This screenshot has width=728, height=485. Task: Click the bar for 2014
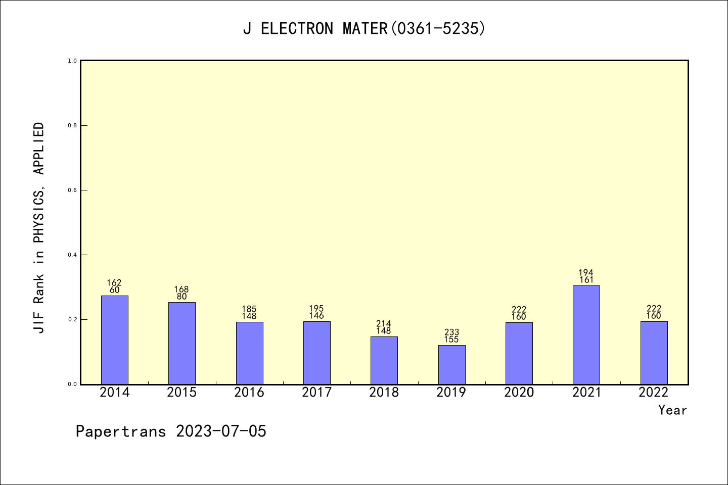click(115, 339)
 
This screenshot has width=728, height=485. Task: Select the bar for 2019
click(451, 364)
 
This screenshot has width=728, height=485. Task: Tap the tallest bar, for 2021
click(586, 334)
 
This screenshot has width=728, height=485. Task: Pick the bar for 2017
click(317, 353)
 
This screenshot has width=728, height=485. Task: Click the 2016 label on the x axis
click(249, 393)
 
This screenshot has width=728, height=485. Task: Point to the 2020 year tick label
click(519, 393)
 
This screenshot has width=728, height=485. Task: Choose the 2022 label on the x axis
click(654, 393)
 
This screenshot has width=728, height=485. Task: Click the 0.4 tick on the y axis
click(72, 255)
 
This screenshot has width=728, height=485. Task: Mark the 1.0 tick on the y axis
click(72, 61)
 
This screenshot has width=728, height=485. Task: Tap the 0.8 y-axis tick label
click(72, 125)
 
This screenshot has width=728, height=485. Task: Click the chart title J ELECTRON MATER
click(364, 29)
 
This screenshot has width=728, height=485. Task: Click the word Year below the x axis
click(672, 410)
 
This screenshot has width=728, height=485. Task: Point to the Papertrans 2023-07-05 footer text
click(171, 431)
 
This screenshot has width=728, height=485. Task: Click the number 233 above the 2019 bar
click(451, 332)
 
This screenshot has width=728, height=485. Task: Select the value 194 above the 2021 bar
click(586, 273)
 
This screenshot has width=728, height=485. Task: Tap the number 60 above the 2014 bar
click(115, 290)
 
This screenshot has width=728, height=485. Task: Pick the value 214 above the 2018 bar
click(384, 324)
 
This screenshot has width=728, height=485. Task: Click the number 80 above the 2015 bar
click(182, 297)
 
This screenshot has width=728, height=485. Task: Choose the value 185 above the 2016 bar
click(249, 309)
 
